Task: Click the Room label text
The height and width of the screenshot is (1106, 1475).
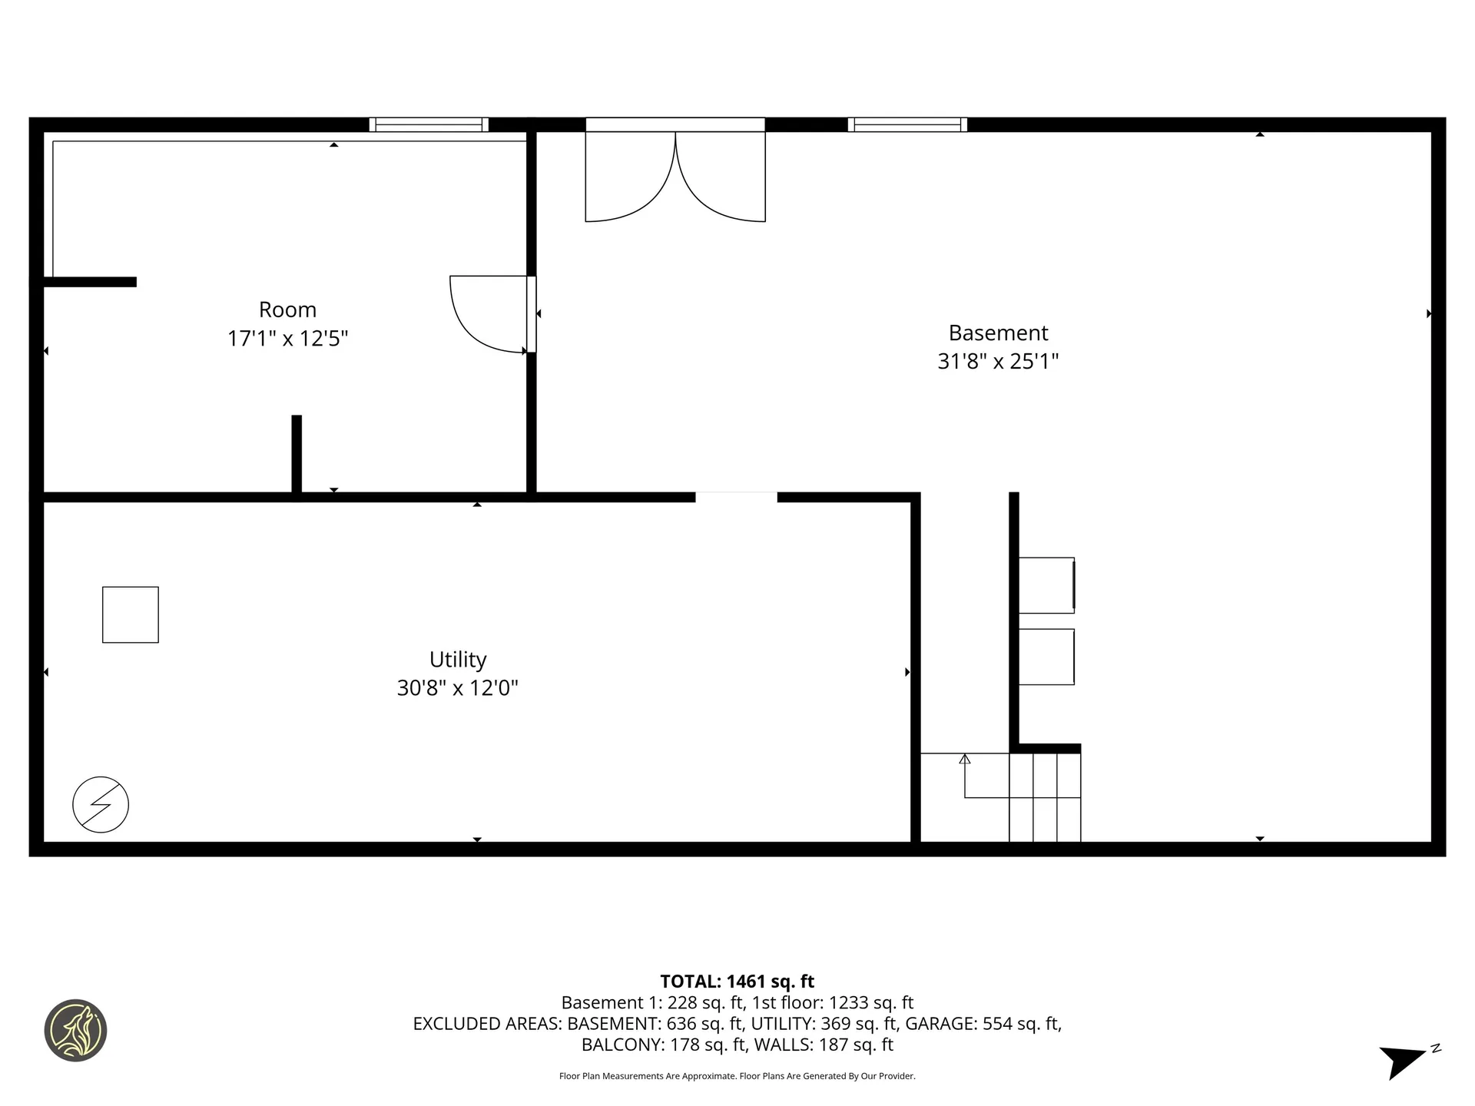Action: [287, 310]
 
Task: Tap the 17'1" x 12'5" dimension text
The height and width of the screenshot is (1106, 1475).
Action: [287, 339]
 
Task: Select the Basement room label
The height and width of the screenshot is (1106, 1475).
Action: [998, 333]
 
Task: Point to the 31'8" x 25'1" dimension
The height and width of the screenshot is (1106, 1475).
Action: [998, 361]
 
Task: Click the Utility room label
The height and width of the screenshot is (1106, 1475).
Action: [458, 660]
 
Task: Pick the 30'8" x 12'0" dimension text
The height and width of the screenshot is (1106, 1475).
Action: [458, 688]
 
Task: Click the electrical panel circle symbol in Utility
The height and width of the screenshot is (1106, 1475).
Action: [101, 805]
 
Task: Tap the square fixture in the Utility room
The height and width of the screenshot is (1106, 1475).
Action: [131, 614]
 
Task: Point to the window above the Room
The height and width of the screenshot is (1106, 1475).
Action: [429, 124]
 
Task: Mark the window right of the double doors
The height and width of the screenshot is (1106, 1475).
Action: [907, 124]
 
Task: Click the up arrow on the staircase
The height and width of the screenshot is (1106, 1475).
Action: [965, 760]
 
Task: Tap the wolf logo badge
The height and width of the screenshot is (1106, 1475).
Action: [75, 1031]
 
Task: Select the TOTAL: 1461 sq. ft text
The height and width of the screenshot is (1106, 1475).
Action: [737, 982]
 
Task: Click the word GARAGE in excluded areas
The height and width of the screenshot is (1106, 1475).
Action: [942, 1024]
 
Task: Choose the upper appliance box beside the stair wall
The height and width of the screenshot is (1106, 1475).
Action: [1046, 585]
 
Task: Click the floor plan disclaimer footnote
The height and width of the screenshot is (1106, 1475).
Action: [737, 1076]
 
